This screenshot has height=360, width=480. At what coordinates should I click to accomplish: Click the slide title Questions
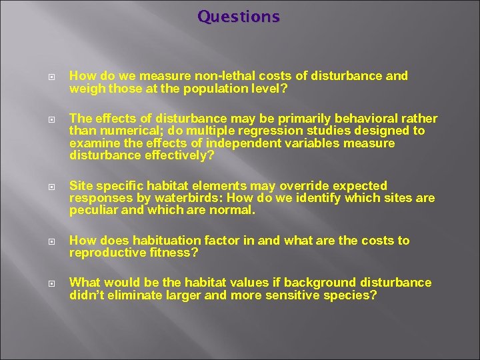[239, 16]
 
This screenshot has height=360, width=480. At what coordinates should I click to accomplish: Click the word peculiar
[93, 211]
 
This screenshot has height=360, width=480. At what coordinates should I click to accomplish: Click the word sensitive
[285, 295]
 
